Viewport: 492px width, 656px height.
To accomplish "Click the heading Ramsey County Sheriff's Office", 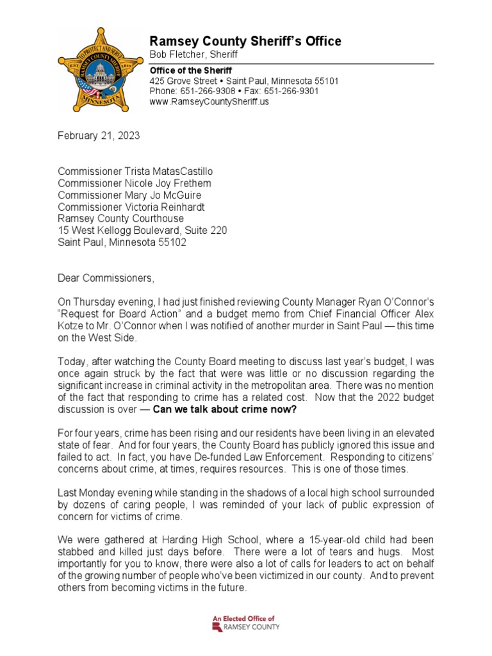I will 245,42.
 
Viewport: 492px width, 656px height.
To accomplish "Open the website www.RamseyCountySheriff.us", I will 209,102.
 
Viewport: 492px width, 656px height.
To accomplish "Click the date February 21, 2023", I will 99,136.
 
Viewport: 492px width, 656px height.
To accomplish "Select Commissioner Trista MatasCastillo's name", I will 135,172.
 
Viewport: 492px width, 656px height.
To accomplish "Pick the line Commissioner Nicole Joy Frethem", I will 134,184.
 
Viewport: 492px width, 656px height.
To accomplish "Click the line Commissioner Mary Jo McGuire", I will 129,195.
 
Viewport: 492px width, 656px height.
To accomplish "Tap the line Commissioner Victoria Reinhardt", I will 132,207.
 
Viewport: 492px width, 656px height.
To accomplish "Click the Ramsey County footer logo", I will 246,623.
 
